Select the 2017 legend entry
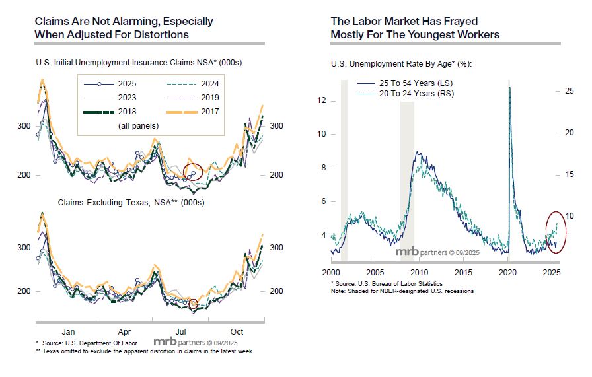tap(201, 111)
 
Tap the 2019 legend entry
tap(201, 97)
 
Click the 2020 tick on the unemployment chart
tap(507, 272)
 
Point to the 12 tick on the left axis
tap(322, 100)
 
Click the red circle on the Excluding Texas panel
tap(194, 304)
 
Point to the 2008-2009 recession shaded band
tap(408, 172)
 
